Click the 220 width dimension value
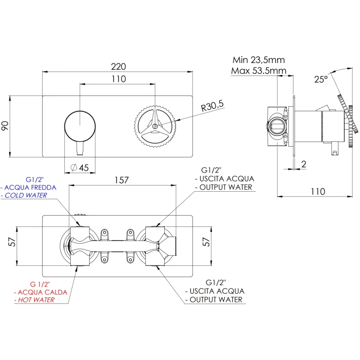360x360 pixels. point(118,66)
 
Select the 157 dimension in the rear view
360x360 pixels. point(121,180)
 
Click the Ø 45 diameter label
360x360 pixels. point(80,168)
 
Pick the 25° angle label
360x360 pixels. point(321,79)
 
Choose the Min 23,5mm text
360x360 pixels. point(258,60)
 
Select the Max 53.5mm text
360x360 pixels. point(258,71)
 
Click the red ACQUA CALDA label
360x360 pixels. point(42,292)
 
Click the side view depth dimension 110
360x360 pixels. point(317,191)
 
